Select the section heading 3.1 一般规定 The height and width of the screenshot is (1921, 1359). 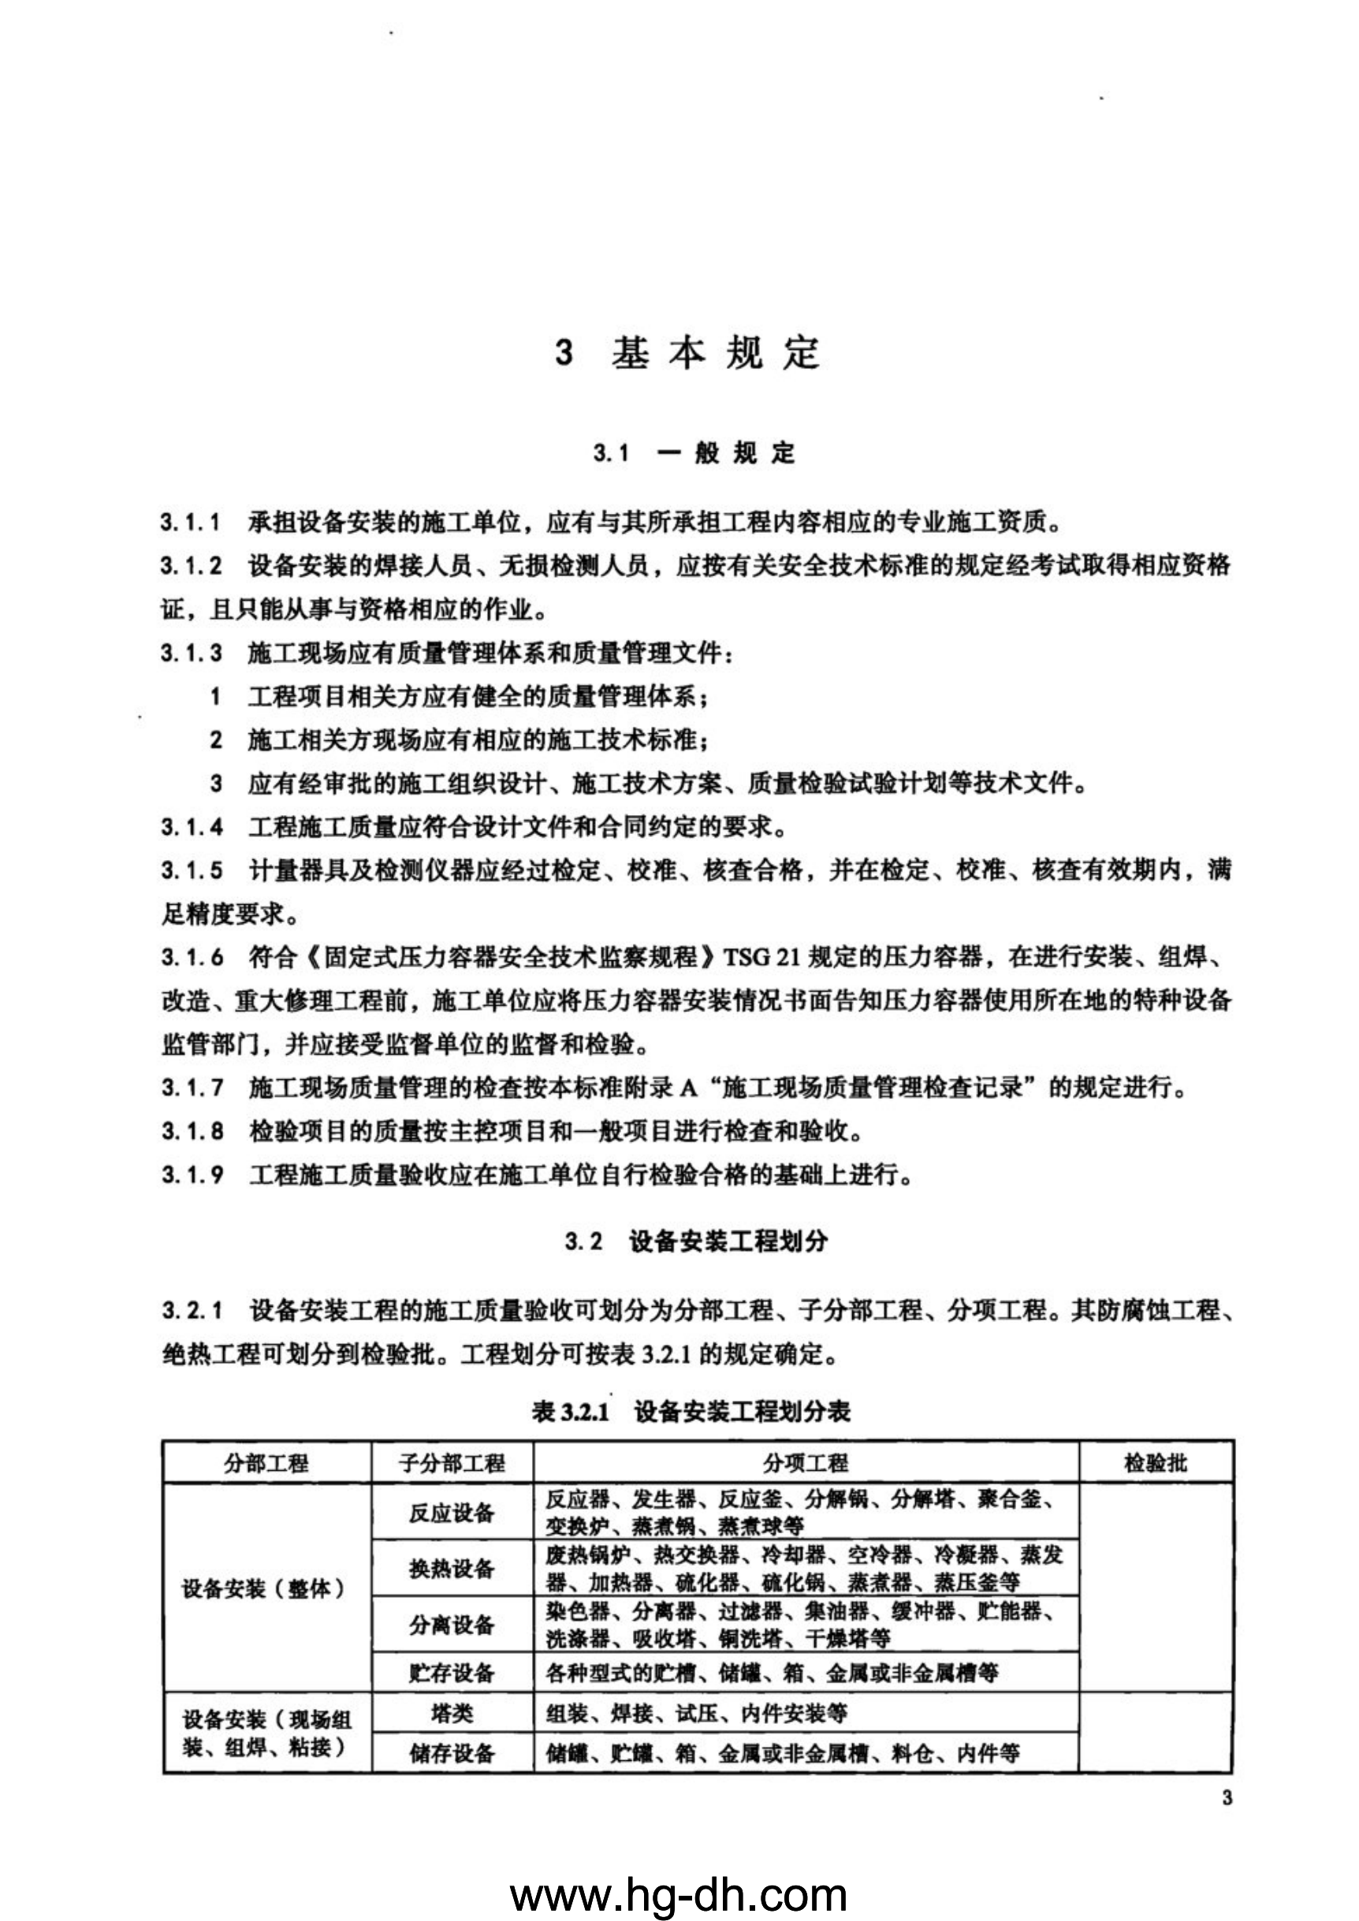click(x=694, y=453)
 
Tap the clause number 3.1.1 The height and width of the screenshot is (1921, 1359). click(x=192, y=523)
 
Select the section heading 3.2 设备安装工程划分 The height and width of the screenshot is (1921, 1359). click(x=696, y=1242)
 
